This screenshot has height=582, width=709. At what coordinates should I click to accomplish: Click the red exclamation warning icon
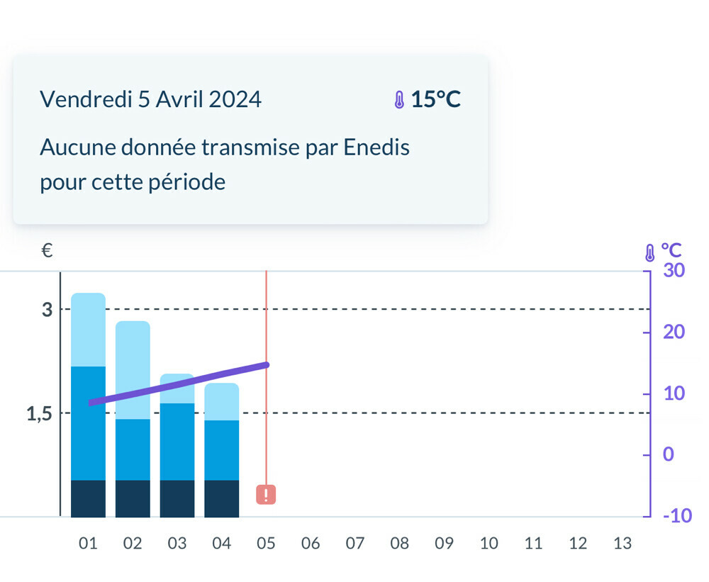pyautogui.click(x=266, y=495)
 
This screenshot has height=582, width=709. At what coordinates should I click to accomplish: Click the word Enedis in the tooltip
pyautogui.click(x=376, y=147)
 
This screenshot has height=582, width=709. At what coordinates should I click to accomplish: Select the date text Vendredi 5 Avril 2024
pyautogui.click(x=150, y=99)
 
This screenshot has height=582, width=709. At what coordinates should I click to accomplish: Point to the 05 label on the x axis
pyautogui.click(x=266, y=544)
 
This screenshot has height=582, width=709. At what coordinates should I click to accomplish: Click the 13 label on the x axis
pyautogui.click(x=622, y=544)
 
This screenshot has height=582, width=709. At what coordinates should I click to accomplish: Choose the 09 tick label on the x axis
pyautogui.click(x=444, y=544)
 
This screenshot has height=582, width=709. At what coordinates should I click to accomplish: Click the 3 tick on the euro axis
pyautogui.click(x=47, y=310)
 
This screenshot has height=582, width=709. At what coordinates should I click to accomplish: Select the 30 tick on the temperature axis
pyautogui.click(x=673, y=270)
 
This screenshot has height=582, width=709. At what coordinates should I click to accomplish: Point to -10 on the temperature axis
pyautogui.click(x=677, y=515)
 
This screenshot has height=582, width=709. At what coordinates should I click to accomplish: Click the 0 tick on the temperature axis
pyautogui.click(x=668, y=454)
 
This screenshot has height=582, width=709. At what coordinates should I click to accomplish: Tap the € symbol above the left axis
pyautogui.click(x=47, y=250)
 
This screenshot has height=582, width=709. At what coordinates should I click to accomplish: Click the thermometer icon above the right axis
pyautogui.click(x=649, y=252)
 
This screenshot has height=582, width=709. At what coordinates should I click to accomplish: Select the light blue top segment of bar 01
pyautogui.click(x=88, y=330)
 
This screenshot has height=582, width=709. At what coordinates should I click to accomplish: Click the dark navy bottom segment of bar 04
pyautogui.click(x=221, y=498)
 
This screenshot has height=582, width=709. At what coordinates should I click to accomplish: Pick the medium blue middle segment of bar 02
pyautogui.click(x=133, y=449)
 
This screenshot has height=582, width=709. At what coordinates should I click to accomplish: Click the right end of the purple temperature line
pyautogui.click(x=266, y=365)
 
